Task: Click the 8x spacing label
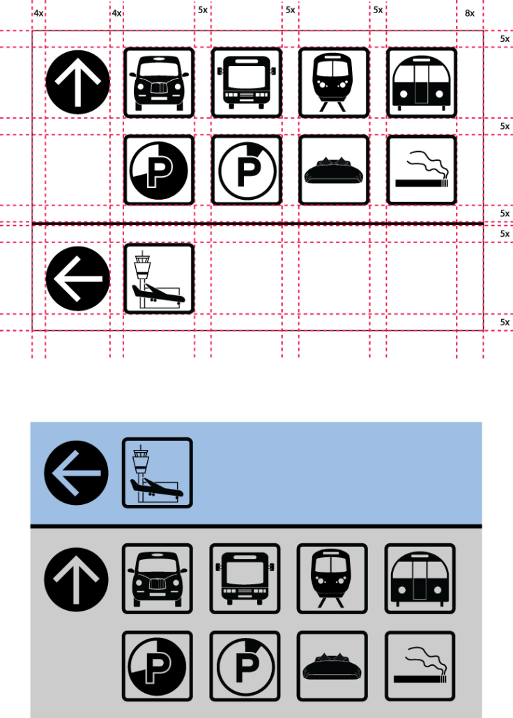470,13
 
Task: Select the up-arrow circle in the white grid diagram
78,82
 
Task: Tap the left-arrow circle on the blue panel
76,473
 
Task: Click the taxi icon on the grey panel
158,579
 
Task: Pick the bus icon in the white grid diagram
247,82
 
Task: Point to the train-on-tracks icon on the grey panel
332,579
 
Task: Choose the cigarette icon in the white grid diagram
422,170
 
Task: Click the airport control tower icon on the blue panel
158,473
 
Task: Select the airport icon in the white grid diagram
159,279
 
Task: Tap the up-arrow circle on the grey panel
76,579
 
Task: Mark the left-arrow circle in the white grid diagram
78,279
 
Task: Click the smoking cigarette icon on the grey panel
420,666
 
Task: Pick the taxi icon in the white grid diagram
159,82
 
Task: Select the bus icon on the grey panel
245,579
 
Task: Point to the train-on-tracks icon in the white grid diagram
334,82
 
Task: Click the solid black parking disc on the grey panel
158,666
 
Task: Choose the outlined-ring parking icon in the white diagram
247,170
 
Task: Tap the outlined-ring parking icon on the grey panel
245,666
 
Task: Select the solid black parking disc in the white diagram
159,170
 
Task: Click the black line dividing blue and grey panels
256,526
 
